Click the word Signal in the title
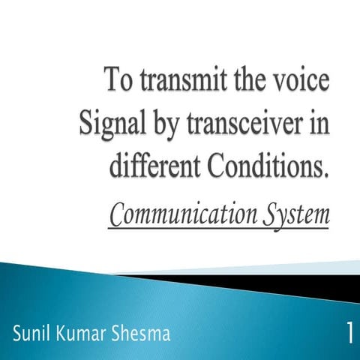pos(107,122)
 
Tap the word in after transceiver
pos(319,122)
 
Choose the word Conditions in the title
pos(266,163)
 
